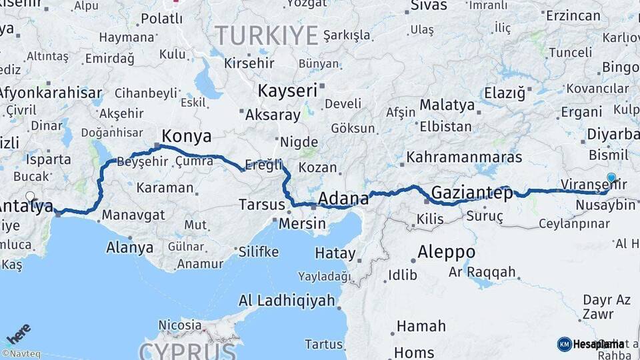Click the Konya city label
tap(187, 137)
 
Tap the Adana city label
tap(343, 198)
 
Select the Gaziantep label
tap(472, 193)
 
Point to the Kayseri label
tap(287, 91)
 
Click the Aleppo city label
tap(446, 253)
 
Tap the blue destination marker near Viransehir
tap(611, 178)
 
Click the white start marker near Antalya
tap(30, 197)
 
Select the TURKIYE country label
tap(267, 35)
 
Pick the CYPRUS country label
tap(187, 351)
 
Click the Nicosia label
tap(179, 325)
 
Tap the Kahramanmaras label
tap(464, 157)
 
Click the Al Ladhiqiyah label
tap(287, 301)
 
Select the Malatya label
tap(447, 105)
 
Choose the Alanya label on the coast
tap(129, 248)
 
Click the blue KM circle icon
tap(564, 344)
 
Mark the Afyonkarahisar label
tap(51, 93)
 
